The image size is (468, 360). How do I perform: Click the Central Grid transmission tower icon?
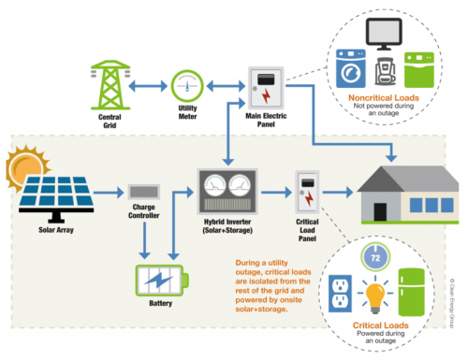109,85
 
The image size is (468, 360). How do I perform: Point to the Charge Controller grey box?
142,194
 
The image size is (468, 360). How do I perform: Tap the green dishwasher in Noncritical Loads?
417,67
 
